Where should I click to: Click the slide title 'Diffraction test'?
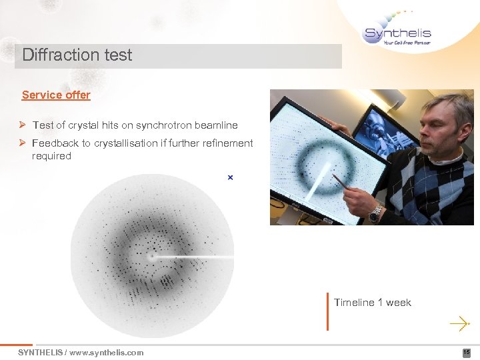click(x=77, y=55)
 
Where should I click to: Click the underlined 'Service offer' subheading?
click(x=56, y=95)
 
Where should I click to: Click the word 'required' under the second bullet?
click(x=51, y=156)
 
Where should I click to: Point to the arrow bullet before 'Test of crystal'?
click(x=23, y=125)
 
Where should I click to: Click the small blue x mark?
click(x=230, y=177)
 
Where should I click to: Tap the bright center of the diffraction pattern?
click(x=153, y=256)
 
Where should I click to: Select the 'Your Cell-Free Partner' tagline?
click(x=407, y=43)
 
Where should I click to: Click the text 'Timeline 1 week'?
click(x=373, y=303)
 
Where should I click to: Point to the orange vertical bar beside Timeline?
click(x=327, y=311)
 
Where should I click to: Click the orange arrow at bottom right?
click(x=459, y=324)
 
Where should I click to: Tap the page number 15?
click(x=467, y=352)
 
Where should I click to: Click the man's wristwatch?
click(x=376, y=214)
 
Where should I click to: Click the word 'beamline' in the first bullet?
click(x=217, y=125)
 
